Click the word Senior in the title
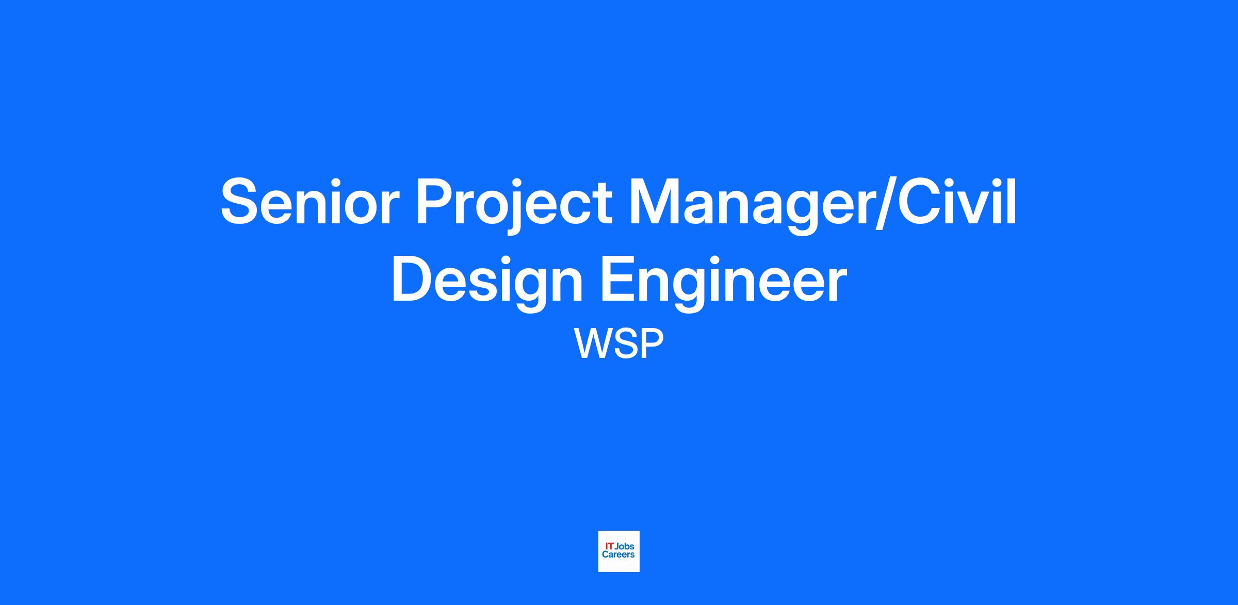[310, 201]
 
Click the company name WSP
[619, 344]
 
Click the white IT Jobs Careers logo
[619, 551]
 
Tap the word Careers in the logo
[618, 555]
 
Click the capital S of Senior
[241, 201]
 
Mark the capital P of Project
[438, 201]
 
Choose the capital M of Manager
[655, 201]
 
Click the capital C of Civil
[920, 201]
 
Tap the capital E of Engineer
[618, 279]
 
